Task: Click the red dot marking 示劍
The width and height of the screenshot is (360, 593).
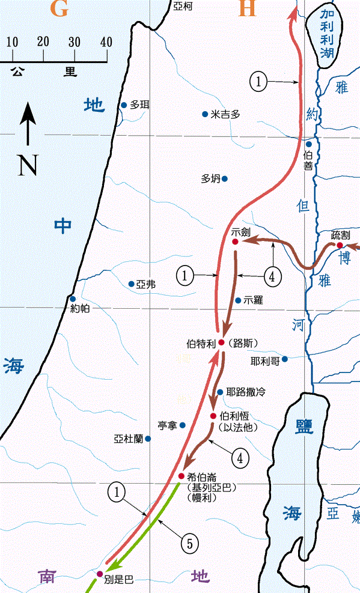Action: pyautogui.click(x=236, y=242)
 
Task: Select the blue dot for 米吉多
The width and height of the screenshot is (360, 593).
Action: pyautogui.click(x=205, y=114)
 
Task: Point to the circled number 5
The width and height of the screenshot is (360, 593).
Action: pyautogui.click(x=189, y=544)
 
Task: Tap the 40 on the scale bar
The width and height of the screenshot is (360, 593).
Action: pyautogui.click(x=106, y=42)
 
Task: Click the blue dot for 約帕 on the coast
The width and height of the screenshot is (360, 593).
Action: pyautogui.click(x=72, y=299)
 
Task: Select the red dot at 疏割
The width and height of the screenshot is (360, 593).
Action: pyautogui.click(x=340, y=245)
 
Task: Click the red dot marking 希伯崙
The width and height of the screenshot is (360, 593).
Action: pyautogui.click(x=181, y=476)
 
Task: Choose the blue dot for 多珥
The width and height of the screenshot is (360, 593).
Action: pyautogui.click(x=124, y=105)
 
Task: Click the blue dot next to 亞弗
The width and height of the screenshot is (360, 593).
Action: pyautogui.click(x=132, y=284)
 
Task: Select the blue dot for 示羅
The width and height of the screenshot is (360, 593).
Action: pyautogui.click(x=238, y=300)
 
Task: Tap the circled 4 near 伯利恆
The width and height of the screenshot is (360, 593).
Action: pyautogui.click(x=240, y=458)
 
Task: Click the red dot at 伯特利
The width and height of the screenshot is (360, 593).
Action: pyautogui.click(x=221, y=342)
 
